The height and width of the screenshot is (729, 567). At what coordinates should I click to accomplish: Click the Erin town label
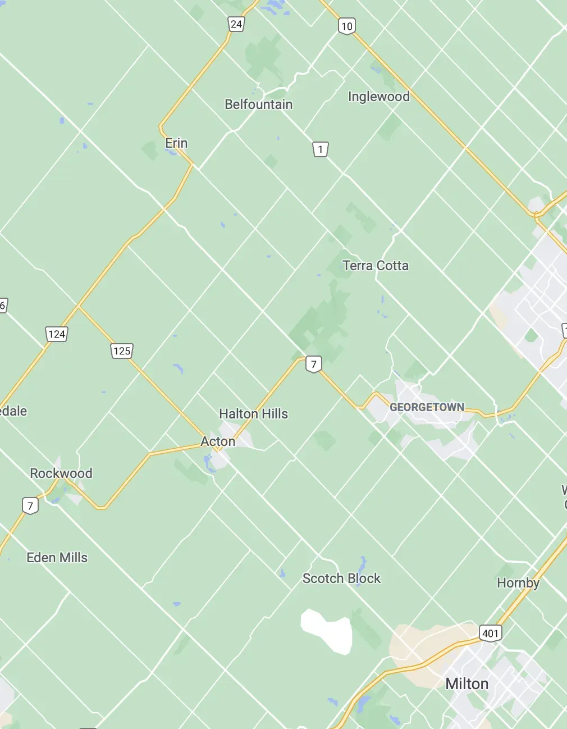(x=176, y=143)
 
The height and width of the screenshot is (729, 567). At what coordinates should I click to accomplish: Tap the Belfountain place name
(x=258, y=104)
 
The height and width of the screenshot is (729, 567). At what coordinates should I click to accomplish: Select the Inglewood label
(x=378, y=97)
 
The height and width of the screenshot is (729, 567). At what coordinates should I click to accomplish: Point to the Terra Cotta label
(x=376, y=266)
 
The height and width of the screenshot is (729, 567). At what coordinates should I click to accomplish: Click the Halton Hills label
(x=253, y=414)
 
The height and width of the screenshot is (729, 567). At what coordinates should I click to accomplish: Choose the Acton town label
(x=218, y=442)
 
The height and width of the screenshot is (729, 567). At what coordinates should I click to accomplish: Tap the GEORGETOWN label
(x=427, y=407)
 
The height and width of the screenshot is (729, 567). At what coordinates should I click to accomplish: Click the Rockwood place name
(x=61, y=473)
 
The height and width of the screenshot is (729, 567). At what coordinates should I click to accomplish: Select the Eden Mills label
(x=57, y=558)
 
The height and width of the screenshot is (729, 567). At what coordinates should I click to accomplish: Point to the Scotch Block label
(x=341, y=578)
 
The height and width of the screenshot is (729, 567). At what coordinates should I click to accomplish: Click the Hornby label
(x=518, y=583)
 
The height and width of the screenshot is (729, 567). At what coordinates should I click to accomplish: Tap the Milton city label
(x=467, y=684)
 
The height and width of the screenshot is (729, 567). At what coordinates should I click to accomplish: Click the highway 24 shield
(x=236, y=24)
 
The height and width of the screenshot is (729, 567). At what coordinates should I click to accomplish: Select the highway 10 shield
(x=346, y=26)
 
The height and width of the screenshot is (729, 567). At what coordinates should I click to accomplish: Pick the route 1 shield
(x=320, y=149)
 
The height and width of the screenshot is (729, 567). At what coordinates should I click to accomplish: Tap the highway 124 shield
(x=57, y=335)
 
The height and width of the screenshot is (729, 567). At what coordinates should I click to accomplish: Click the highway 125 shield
(x=121, y=352)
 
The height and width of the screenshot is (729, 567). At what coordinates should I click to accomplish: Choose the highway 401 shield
(x=490, y=634)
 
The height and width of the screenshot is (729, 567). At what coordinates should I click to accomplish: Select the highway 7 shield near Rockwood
(x=30, y=505)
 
